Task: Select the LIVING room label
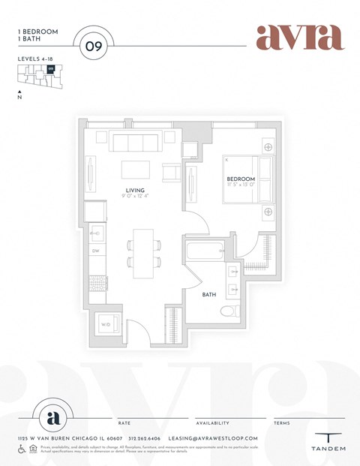[135, 191]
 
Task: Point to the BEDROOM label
[241, 179]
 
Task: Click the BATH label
[209, 295]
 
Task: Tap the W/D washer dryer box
[104, 325]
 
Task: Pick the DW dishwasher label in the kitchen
[96, 251]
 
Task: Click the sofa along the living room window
[135, 142]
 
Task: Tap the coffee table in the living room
[136, 168]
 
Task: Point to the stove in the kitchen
[97, 282]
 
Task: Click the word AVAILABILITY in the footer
[212, 423]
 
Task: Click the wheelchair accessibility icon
[22, 449]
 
